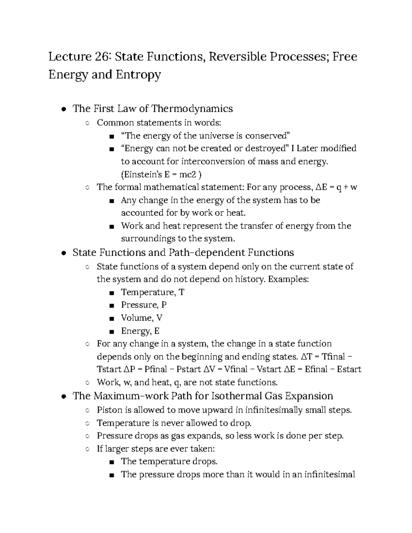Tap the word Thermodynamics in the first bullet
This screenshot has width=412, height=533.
[192, 109]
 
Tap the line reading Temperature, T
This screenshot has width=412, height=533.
[152, 292]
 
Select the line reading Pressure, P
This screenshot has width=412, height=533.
[144, 305]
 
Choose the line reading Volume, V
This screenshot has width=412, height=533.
[141, 318]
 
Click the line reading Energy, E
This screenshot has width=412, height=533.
[140, 331]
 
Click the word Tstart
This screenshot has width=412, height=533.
[109, 370]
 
